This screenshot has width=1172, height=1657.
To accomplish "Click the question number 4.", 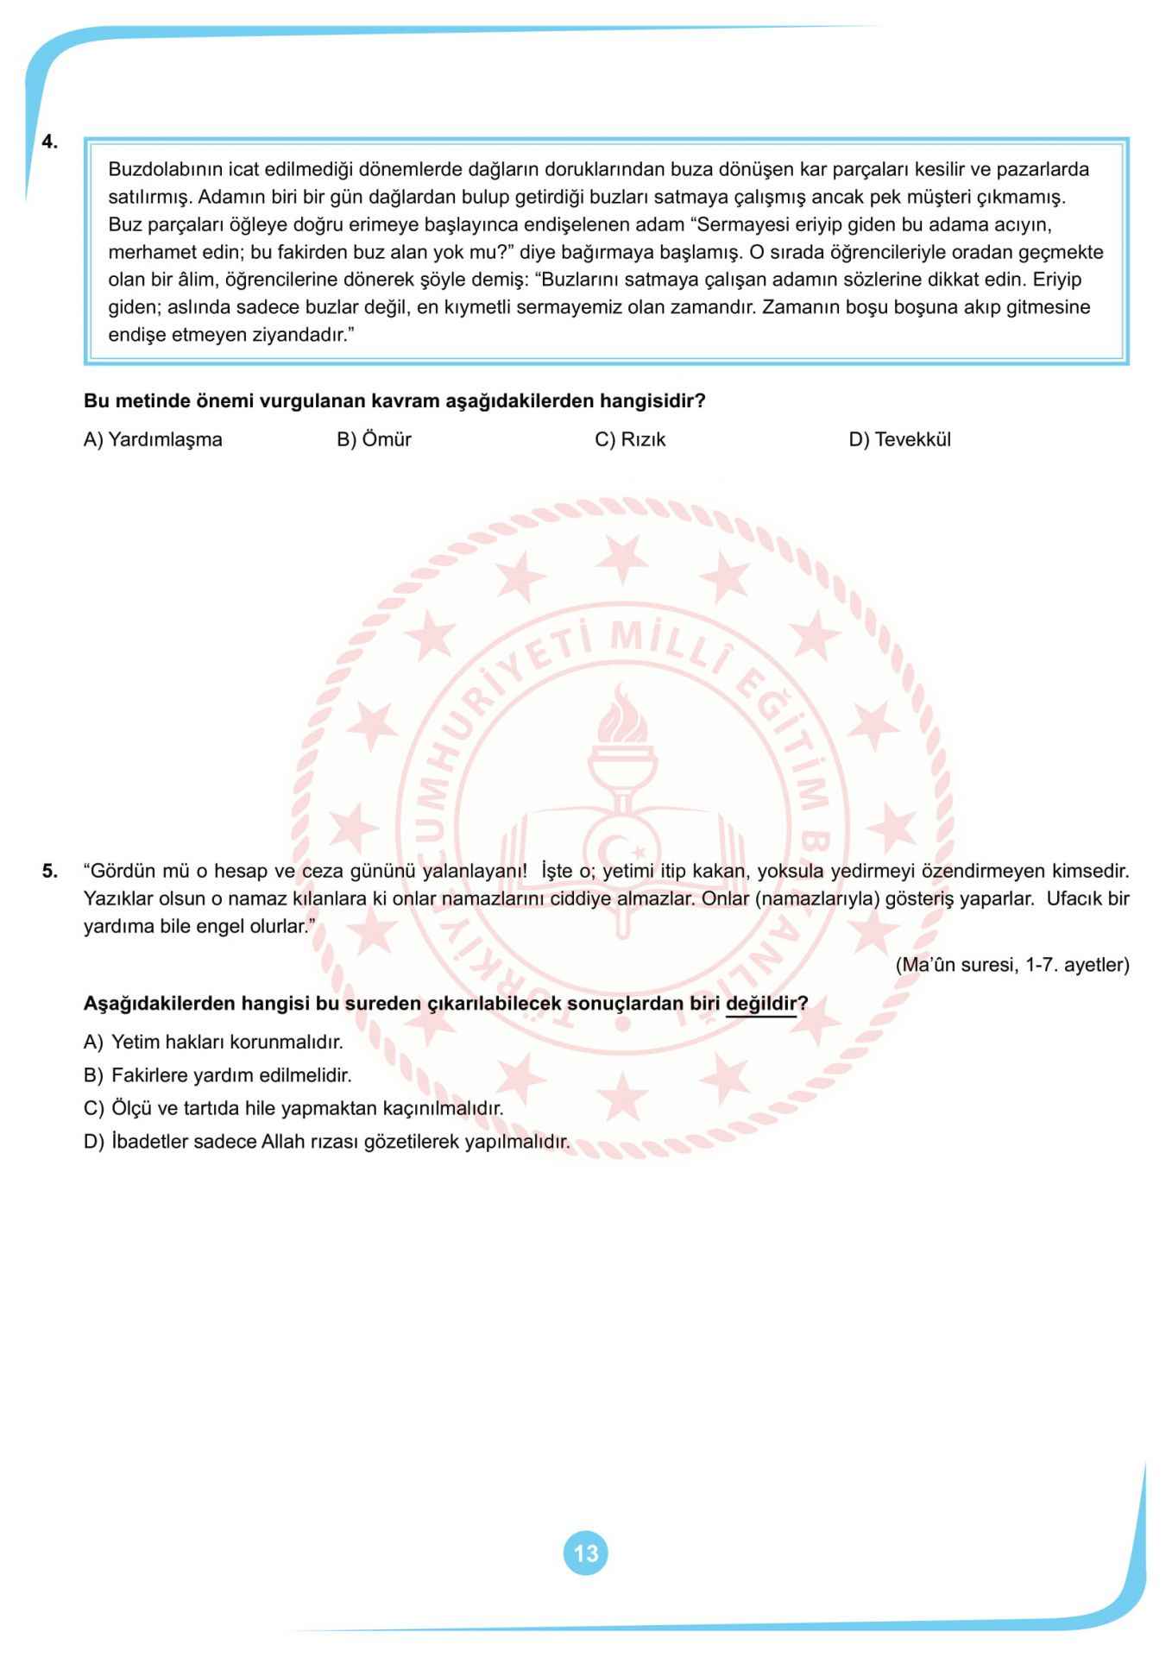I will point(50,142).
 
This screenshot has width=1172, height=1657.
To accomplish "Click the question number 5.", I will point(50,871).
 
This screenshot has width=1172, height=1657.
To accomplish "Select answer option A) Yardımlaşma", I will point(153,439).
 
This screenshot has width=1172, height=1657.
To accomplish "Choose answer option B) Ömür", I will point(374,439).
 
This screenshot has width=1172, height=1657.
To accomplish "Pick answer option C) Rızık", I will point(630,439).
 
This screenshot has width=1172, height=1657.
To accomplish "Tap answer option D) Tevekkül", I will point(899,439).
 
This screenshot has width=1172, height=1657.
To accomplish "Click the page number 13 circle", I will point(585,1553).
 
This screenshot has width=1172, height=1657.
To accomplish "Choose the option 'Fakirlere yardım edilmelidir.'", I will point(217,1075).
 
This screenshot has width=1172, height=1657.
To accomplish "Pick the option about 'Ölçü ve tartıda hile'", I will point(293,1108).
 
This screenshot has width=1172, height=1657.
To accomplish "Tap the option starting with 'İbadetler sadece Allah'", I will point(327,1142).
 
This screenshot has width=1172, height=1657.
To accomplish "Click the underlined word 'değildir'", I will point(760,1004).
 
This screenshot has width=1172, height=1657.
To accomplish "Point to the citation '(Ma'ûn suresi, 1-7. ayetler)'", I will point(1011,964).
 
